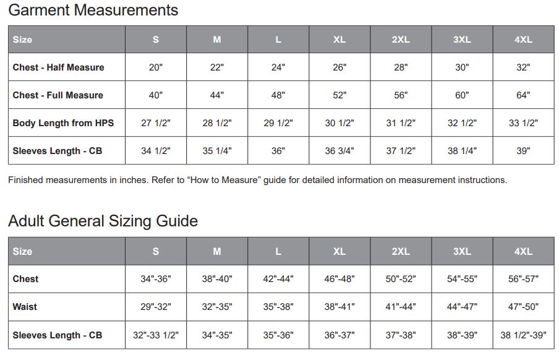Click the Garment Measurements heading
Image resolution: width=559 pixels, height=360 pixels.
point(93,11)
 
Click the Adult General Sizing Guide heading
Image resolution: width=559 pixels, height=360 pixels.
point(103,221)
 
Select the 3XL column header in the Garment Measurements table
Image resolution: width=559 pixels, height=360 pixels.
point(462,40)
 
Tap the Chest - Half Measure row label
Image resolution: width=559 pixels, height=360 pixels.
point(58,67)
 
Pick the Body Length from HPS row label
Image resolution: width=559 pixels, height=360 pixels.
point(63,123)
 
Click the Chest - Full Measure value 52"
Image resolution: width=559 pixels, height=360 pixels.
point(339,95)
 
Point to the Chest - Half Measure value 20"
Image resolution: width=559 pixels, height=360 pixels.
point(156,67)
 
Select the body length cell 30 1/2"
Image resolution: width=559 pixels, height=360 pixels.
point(339,123)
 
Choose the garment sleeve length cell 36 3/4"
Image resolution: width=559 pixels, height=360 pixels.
point(339,151)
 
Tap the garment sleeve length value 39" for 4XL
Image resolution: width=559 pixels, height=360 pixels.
point(523,151)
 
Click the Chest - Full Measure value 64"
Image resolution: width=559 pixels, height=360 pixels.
point(523,95)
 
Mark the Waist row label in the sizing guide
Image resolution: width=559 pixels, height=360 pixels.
point(25,307)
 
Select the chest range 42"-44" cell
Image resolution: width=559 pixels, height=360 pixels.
point(278,279)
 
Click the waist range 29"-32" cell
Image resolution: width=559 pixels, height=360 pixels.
point(156,307)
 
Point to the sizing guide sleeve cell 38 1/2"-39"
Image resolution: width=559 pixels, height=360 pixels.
point(523,335)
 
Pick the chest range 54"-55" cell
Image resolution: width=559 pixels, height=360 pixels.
point(462,279)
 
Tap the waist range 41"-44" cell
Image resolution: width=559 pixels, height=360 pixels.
point(401,307)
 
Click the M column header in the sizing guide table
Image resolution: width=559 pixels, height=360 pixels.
point(217,251)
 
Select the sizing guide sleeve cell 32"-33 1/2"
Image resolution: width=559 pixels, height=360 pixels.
point(156,335)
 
